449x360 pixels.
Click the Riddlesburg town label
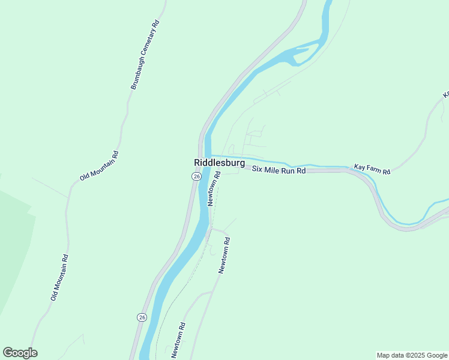click(219, 163)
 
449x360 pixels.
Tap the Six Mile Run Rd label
click(279, 170)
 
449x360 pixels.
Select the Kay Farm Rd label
click(372, 169)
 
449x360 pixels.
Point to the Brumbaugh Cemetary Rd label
click(145, 55)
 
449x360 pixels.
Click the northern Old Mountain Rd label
click(100, 166)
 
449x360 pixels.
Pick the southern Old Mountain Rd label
click(60, 278)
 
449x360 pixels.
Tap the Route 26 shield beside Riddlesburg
click(196, 176)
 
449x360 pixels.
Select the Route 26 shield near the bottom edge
click(141, 317)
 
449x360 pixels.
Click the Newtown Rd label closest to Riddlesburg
click(214, 188)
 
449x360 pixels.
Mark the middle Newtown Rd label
click(224, 255)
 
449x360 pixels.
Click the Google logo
click(20, 353)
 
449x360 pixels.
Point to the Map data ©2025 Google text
click(412, 355)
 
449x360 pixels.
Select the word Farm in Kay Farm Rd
click(373, 169)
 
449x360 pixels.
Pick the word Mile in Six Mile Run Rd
click(276, 170)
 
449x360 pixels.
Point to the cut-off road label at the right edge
click(445, 94)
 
